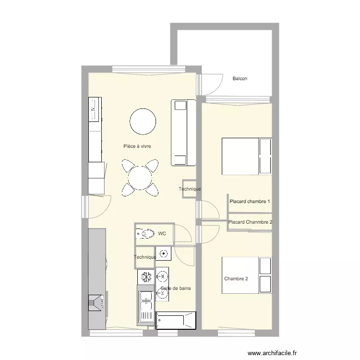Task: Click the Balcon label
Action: pos(240,79)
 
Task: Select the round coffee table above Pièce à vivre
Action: pos(143,121)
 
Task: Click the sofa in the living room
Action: pos(183,132)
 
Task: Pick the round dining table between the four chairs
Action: pos(140,179)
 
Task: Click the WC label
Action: pos(162,234)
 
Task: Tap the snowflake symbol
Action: pos(146,277)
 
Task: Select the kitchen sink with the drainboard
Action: pos(145,305)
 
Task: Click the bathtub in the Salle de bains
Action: pos(176,320)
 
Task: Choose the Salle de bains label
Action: pos(176,288)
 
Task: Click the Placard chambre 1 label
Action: pos(250,202)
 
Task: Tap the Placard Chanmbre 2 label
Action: pos(251,222)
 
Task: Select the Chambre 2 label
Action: pos(236,279)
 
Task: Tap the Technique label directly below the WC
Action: pos(145,258)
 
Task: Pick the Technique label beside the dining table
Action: pos(190,189)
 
